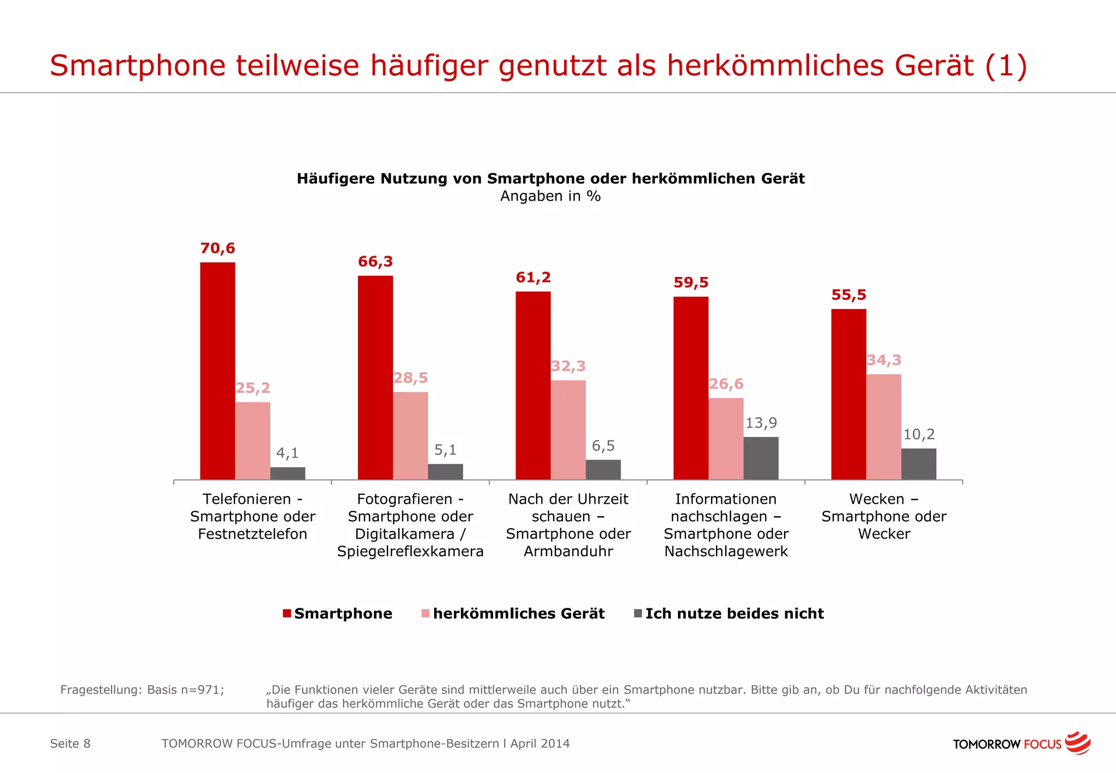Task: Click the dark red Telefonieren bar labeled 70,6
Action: [217, 371]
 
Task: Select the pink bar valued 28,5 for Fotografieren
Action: [410, 436]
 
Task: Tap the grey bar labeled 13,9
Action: [761, 458]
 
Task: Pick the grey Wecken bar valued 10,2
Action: [918, 464]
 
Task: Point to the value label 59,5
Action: [691, 282]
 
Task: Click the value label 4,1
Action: [287, 453]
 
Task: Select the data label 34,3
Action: [884, 360]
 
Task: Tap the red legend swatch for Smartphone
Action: [287, 613]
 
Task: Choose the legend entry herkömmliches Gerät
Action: [518, 613]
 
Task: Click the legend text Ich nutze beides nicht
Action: [734, 613]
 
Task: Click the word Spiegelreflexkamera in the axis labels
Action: [410, 551]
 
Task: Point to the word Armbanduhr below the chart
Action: [568, 551]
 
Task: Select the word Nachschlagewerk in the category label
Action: [726, 551]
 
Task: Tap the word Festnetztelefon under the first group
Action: [252, 534]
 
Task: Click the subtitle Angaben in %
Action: [550, 196]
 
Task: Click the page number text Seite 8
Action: [70, 744]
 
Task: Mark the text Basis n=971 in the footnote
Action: [185, 690]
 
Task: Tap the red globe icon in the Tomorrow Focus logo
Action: [1077, 743]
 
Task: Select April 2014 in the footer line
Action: [540, 744]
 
